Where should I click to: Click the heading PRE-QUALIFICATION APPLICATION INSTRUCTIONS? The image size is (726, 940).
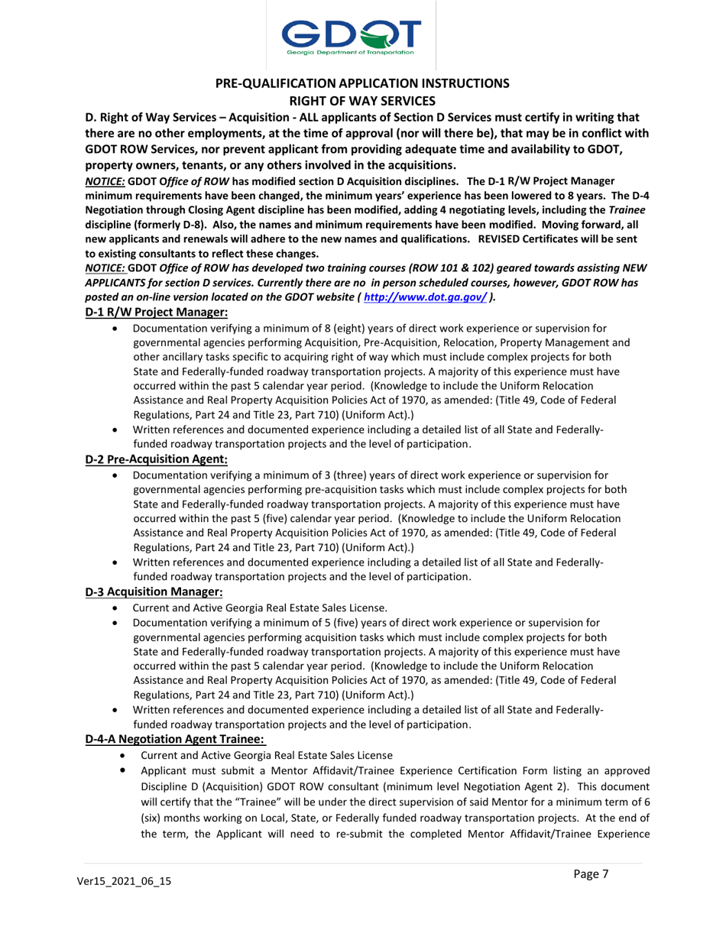point(362,83)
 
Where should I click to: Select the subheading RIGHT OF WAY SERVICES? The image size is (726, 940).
point(362,99)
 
